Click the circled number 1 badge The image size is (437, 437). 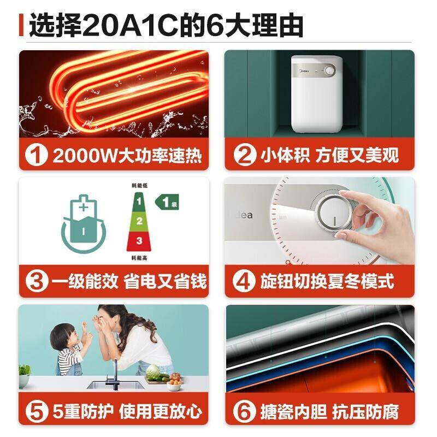click(37, 156)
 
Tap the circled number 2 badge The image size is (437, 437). click(244, 156)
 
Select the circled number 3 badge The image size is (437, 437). click(37, 282)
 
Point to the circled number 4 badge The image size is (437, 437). click(244, 282)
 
